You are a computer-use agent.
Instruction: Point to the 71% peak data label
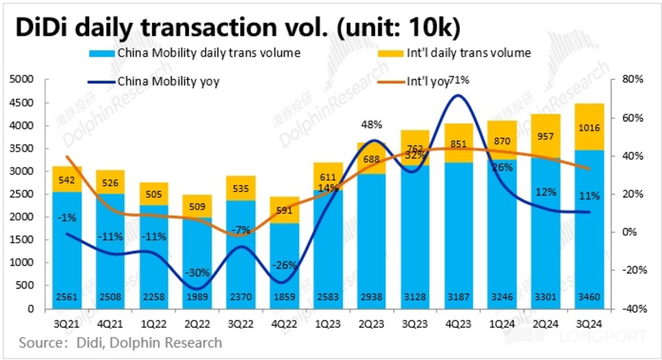coord(459,81)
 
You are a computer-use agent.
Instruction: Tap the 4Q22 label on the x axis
coord(285,324)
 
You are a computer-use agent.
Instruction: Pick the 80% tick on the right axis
coord(632,80)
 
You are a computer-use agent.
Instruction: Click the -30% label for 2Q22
coord(197,273)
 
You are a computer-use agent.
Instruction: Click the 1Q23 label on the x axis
coord(328,324)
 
